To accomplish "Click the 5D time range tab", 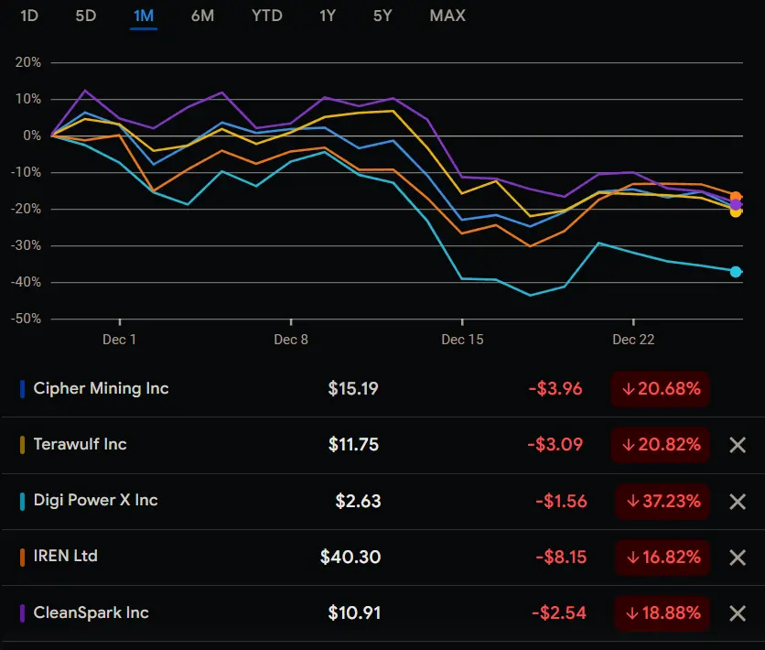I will (85, 16).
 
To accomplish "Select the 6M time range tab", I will (202, 16).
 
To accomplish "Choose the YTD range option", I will (266, 16).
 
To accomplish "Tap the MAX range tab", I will (447, 16).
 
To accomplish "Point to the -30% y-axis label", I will (26, 245).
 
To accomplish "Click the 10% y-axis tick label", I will (29, 99).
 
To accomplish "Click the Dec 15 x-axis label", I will (462, 340).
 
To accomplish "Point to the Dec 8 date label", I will (291, 340).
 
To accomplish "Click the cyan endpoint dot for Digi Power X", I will (736, 271).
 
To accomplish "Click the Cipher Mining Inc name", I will (101, 388).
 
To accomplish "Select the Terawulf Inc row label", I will (80, 444).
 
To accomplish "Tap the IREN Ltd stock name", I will (65, 556).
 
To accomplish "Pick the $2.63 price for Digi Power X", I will (358, 501).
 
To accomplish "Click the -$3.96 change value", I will (555, 388).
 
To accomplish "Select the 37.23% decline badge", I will (663, 501).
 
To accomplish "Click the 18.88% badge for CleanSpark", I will (663, 612).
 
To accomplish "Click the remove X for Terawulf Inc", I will (738, 445).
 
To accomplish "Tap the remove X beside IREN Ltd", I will (738, 557).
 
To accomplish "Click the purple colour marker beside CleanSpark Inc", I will (22, 612).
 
